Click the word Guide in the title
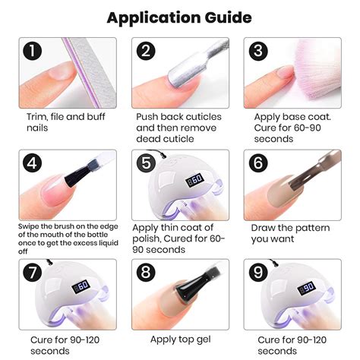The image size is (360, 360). [228, 18]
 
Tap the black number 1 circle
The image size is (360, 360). [32, 51]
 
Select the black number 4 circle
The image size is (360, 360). [32, 163]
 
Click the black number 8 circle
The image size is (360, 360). [146, 272]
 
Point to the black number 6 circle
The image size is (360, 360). [258, 163]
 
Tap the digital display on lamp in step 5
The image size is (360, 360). [194, 180]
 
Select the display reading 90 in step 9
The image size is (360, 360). [306, 288]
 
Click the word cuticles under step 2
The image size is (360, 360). [203, 117]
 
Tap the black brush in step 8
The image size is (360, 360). [192, 287]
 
